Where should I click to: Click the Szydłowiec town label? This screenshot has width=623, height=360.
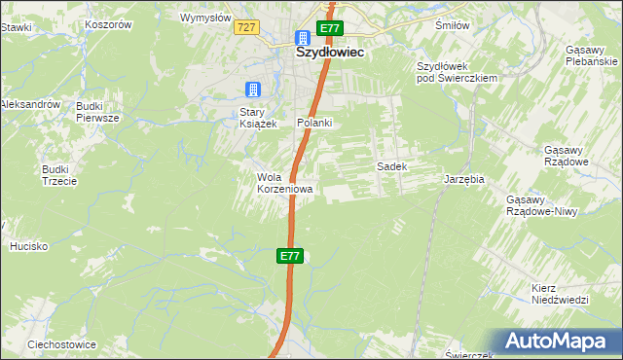click(330, 54)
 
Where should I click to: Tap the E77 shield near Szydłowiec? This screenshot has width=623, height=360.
click(330, 28)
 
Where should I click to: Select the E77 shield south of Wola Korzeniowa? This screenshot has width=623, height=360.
click(290, 256)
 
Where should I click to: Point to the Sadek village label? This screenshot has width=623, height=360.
click(391, 166)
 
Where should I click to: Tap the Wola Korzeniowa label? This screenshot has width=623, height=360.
click(284, 183)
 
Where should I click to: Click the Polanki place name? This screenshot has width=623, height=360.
click(314, 123)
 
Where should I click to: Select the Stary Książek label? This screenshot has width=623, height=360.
click(260, 118)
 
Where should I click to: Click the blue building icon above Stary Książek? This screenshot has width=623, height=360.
click(253, 90)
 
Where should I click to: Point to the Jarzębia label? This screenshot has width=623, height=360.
click(463, 180)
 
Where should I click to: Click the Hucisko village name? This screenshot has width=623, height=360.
click(29, 246)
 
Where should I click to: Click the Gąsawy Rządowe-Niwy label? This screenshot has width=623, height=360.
click(545, 205)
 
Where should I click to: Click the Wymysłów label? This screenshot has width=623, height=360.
click(206, 18)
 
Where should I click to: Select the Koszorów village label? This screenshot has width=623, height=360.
click(108, 24)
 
